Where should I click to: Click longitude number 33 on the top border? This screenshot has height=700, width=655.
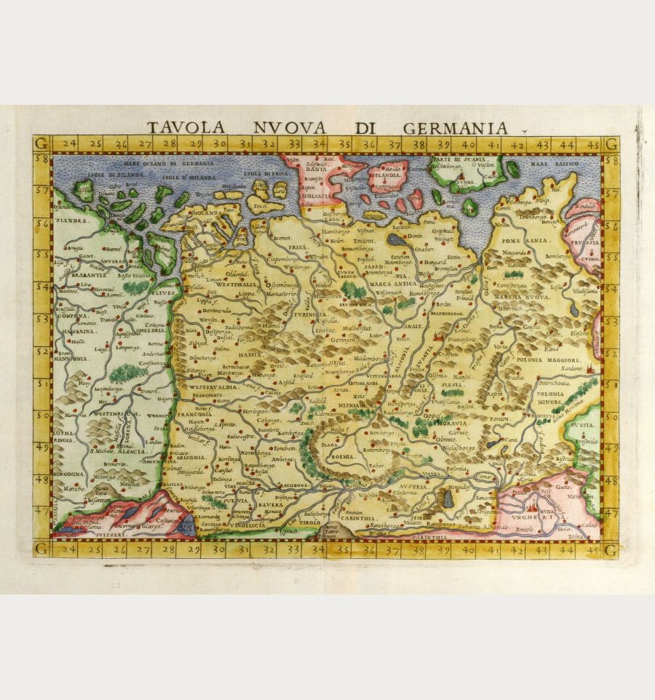coord(294,144)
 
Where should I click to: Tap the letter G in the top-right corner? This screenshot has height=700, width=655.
coord(610,143)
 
